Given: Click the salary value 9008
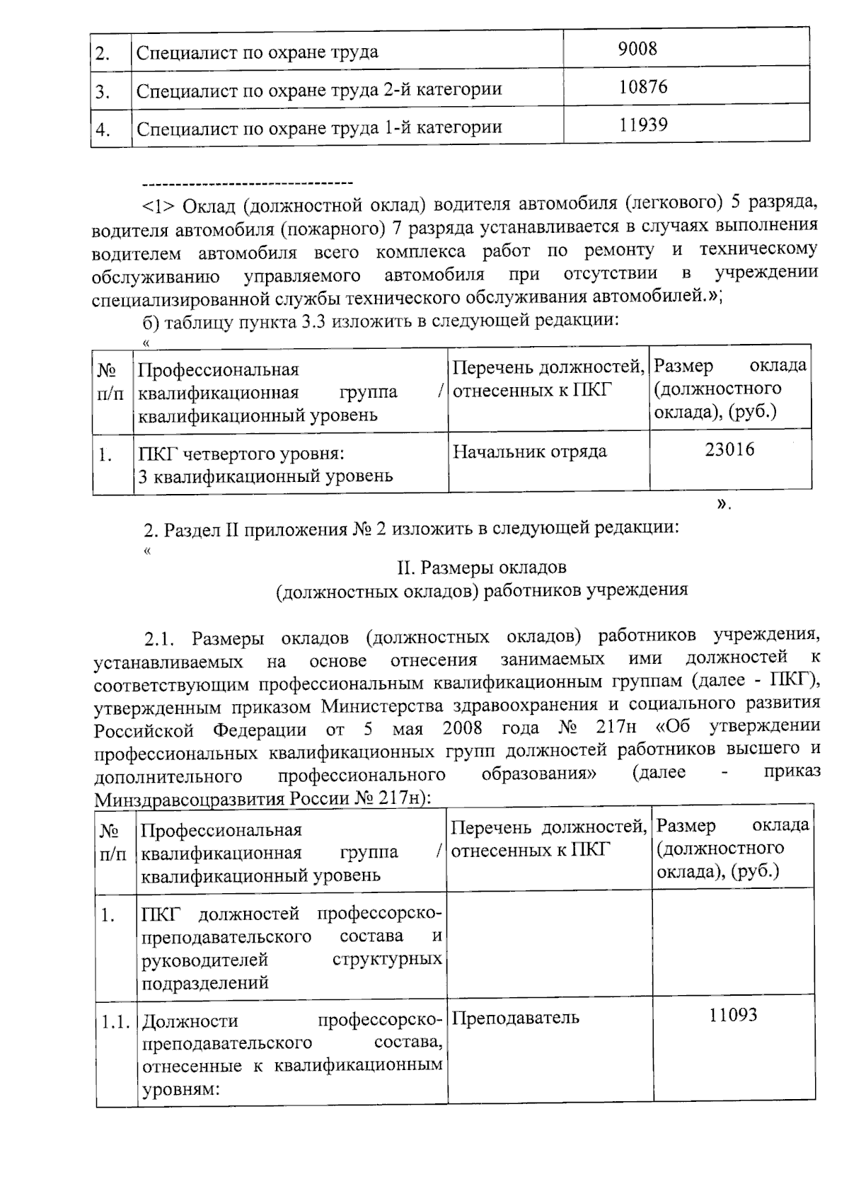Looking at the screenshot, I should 637,49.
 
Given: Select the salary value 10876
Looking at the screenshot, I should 642,87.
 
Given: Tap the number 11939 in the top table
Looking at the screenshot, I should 643,125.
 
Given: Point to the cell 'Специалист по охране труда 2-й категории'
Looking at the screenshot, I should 319,91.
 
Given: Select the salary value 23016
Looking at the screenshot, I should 729,449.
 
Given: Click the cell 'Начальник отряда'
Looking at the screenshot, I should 529,452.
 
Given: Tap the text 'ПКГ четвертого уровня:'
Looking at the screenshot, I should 241,454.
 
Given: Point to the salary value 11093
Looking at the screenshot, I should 733,1016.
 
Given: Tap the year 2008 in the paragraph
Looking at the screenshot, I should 463,728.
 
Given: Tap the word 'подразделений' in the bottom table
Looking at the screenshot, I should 205,982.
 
